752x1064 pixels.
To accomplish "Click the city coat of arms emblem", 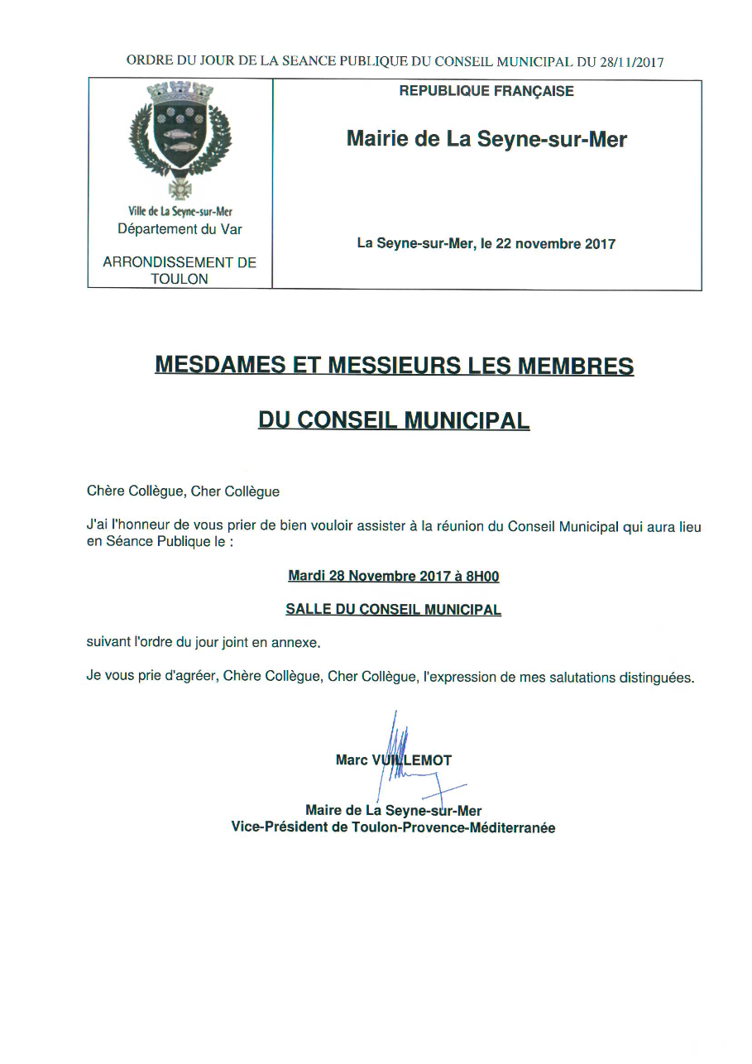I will click(x=180, y=137).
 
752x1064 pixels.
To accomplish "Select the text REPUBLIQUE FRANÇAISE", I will click(x=486, y=92).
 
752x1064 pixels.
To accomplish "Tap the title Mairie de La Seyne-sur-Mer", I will click(x=486, y=139).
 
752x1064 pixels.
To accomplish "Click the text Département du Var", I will click(x=180, y=229).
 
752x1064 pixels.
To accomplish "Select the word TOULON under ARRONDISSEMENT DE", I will click(x=180, y=279).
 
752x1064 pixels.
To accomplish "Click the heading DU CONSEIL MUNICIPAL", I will click(x=394, y=420).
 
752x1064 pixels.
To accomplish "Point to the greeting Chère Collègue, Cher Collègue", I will click(x=183, y=491).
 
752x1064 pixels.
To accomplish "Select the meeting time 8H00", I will click(x=482, y=576).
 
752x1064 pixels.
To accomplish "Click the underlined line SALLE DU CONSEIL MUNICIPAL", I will click(x=394, y=610).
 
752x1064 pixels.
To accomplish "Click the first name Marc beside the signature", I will click(x=351, y=760).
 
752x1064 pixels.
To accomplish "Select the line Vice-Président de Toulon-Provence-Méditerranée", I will click(x=394, y=827).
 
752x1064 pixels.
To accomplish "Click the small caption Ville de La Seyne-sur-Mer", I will click(x=180, y=212).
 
